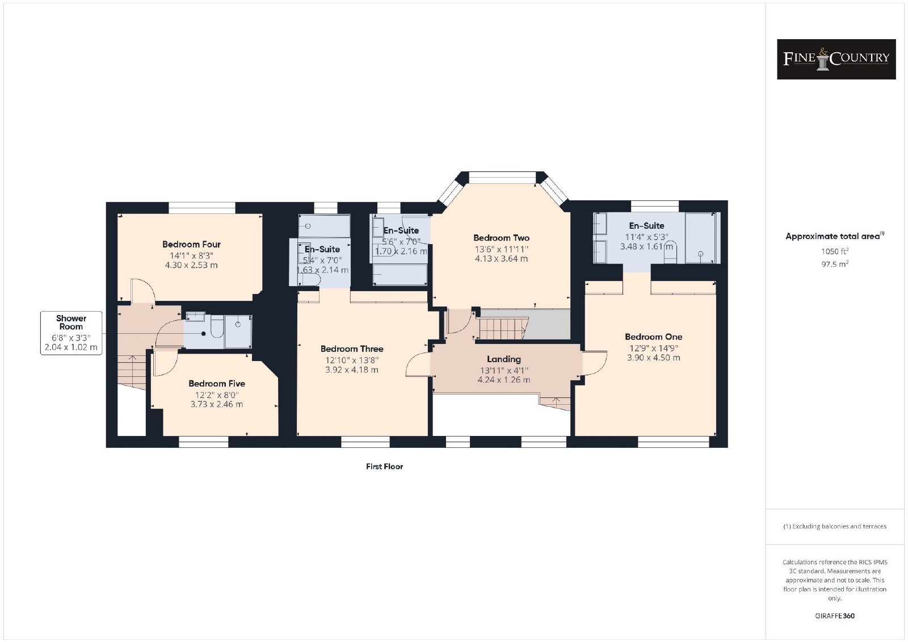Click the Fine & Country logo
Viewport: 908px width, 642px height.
(x=836, y=59)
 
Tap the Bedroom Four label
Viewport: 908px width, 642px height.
(x=191, y=245)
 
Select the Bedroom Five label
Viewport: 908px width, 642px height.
(x=217, y=384)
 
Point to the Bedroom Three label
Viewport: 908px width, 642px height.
(x=352, y=349)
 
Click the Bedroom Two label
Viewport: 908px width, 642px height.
(x=502, y=238)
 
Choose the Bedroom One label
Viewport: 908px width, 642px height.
(x=653, y=337)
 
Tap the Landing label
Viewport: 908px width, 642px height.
(x=504, y=359)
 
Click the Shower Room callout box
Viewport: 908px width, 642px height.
(x=72, y=333)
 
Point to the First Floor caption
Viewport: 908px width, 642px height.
(x=384, y=467)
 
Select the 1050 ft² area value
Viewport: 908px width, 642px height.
(x=835, y=251)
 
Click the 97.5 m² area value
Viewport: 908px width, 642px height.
(x=835, y=264)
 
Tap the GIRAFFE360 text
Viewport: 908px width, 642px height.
(x=835, y=616)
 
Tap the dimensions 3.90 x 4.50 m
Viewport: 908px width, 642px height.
(x=653, y=358)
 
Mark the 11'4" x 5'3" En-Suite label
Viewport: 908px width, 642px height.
(x=646, y=237)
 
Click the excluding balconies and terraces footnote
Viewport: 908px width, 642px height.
(x=835, y=526)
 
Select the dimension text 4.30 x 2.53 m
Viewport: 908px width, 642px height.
(x=191, y=265)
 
